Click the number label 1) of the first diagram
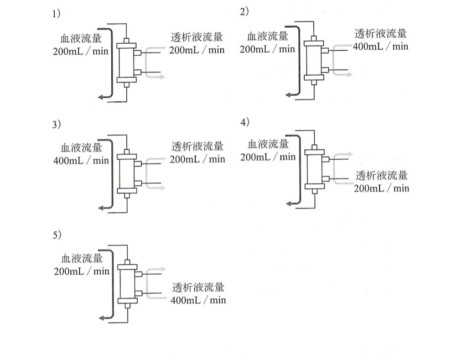(x=56, y=14)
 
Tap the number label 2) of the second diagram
(x=244, y=12)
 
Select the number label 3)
(x=57, y=125)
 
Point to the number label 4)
(x=244, y=122)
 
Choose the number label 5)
(x=57, y=235)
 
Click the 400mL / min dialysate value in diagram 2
(x=380, y=47)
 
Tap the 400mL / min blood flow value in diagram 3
(x=81, y=161)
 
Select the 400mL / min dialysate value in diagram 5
(x=198, y=300)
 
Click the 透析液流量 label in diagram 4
(x=382, y=176)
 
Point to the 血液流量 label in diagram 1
(x=81, y=38)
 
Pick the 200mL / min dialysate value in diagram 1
(x=197, y=50)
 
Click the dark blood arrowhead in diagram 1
(x=101, y=97)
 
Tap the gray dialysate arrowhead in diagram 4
(x=350, y=154)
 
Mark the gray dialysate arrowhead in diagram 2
(x=349, y=74)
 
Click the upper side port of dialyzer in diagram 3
(x=138, y=164)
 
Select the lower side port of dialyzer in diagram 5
(x=139, y=293)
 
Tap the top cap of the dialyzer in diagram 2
(x=314, y=43)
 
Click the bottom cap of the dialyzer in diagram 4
(x=314, y=187)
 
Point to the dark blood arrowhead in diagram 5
(x=102, y=318)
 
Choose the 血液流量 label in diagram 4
(x=268, y=144)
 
